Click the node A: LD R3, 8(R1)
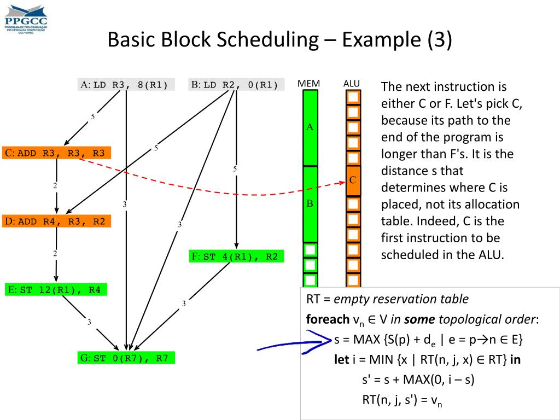(126, 85)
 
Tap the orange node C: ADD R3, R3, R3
(57, 153)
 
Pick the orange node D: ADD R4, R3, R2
(57, 221)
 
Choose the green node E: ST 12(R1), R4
(56, 290)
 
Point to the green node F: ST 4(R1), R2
(237, 256)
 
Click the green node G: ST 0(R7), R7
(126, 359)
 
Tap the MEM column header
(309, 84)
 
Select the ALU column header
(352, 84)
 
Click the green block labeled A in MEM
(310, 127)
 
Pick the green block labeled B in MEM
(310, 204)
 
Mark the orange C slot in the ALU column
(353, 180)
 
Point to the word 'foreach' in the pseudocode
(326, 319)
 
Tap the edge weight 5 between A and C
(92, 116)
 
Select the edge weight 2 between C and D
(55, 186)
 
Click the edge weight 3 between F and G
(184, 304)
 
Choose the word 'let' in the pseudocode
(341, 360)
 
